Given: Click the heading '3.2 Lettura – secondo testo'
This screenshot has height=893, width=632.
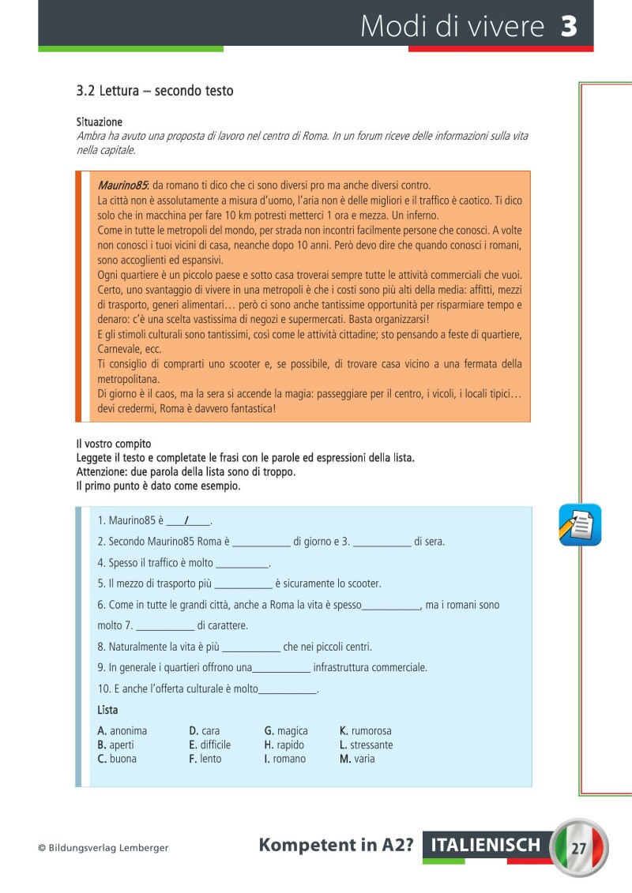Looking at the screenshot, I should pos(155,91).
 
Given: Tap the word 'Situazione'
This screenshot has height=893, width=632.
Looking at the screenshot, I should pos(99,122).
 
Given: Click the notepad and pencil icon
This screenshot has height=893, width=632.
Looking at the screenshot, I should pos(580,524).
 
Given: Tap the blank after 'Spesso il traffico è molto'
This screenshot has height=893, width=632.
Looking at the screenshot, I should pos(242,563).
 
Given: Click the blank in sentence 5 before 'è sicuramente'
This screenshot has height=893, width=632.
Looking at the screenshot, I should pos(243,584).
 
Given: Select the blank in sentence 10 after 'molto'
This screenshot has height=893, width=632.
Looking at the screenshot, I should pos(288,689).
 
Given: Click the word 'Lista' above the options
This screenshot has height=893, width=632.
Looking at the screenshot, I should pos(108,710).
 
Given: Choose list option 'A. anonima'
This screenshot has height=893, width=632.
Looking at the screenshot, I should pos(122,731).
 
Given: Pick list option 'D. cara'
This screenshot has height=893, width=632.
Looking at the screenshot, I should pos(205,731).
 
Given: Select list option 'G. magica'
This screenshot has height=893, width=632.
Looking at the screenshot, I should pos(286,731).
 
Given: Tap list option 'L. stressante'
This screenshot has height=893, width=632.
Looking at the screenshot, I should pos(366,745).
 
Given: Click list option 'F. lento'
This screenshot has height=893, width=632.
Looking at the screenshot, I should pos(205,759).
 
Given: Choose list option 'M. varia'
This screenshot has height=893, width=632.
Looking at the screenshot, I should pos(357,759).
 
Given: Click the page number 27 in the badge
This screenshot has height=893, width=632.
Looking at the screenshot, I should pos(578,848).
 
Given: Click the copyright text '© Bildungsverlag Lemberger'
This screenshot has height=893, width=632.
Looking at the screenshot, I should pos(103,848).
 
